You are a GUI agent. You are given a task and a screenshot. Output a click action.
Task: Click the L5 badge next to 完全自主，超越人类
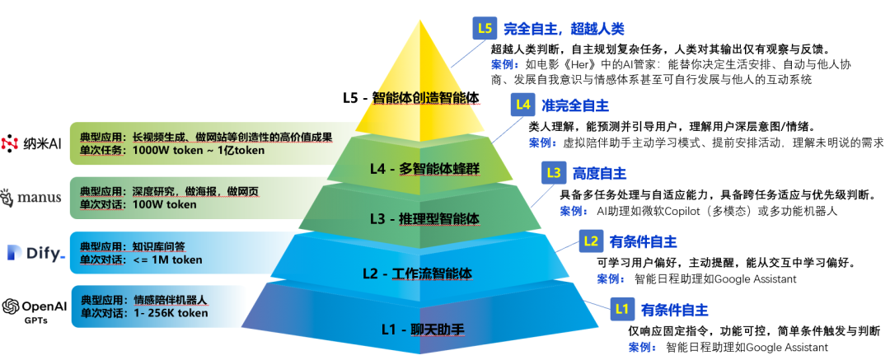pos(485,29)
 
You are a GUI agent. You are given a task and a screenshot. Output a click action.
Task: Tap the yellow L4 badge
pos(522,105)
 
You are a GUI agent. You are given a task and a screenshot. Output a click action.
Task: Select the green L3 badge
pos(554,173)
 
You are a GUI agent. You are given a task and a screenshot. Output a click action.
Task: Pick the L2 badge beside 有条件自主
pos(591,241)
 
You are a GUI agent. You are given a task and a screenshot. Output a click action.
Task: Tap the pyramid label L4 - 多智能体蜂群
pos(425,170)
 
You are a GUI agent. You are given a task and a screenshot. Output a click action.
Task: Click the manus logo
pos(32,198)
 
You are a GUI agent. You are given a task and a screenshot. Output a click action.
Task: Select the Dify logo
pos(35,253)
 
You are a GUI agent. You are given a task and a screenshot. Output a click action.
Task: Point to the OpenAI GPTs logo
pos(34,308)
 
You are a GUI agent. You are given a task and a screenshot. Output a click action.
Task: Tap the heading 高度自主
pos(597,174)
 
